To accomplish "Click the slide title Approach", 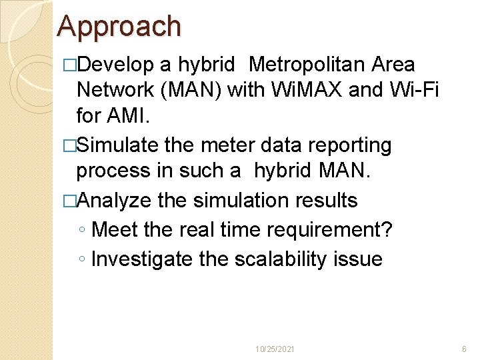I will (x=119, y=26).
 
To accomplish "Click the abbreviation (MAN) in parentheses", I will (x=188, y=90).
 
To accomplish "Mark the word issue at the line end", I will (x=362, y=259).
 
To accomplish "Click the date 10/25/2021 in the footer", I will (x=277, y=349).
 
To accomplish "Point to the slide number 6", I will (x=464, y=349).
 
